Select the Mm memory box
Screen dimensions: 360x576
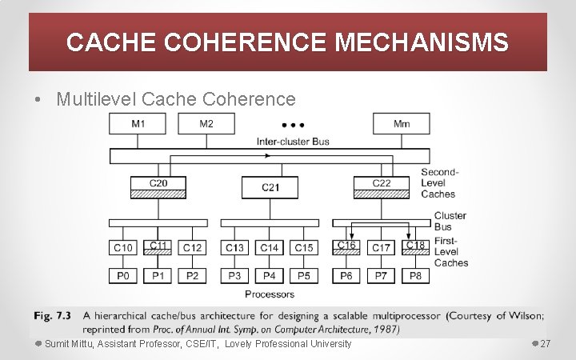tap(402, 123)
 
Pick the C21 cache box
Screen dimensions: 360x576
tap(270, 187)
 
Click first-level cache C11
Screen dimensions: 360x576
tap(158, 247)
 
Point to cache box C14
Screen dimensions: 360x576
tap(270, 248)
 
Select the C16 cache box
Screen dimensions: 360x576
tap(347, 247)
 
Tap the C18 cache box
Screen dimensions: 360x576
tap(415, 247)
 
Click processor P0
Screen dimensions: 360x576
tap(124, 276)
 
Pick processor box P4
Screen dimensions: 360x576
tap(270, 276)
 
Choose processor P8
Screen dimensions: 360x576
tap(415, 276)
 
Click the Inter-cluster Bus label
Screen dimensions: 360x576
tap(293, 142)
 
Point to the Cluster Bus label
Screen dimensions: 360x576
tap(450, 221)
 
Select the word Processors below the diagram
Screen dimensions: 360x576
tap(270, 294)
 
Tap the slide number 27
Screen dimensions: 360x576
tap(546, 344)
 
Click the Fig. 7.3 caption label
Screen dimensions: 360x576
tap(51, 315)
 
